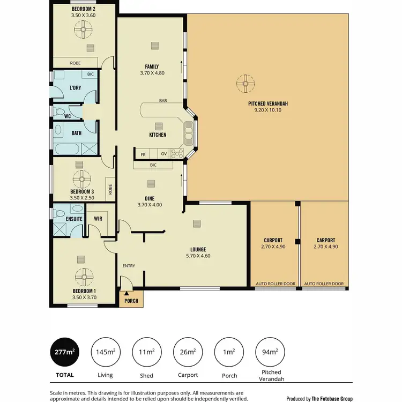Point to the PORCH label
(x=131, y=301)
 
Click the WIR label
(x=98, y=219)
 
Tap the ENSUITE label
(x=74, y=219)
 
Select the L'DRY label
(x=75, y=88)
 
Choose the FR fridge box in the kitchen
(x=143, y=154)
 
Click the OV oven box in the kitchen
(x=164, y=154)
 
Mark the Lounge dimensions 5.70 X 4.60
(x=198, y=256)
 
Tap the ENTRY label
(x=129, y=266)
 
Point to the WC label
(x=68, y=115)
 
